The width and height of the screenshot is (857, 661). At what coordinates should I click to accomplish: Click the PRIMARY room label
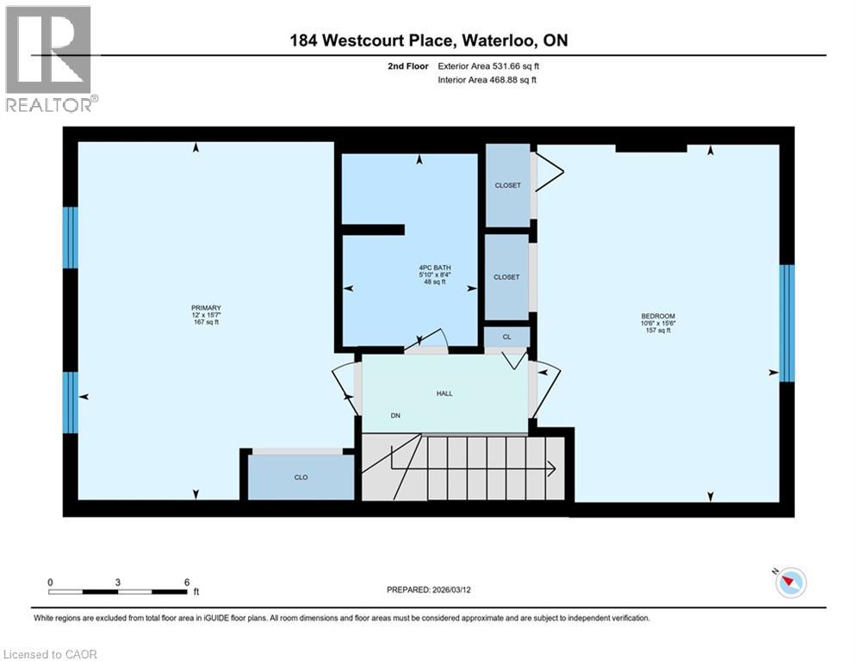point(206,308)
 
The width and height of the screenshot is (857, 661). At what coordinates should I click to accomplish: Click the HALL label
point(444,393)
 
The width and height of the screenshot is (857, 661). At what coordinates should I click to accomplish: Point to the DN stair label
point(395,416)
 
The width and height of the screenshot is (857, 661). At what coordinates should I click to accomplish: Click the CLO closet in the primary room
point(301,477)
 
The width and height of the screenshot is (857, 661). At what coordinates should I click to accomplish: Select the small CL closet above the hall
point(506,337)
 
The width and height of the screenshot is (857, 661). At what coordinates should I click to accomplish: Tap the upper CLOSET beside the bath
point(506,185)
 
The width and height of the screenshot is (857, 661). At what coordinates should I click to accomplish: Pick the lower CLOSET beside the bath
point(506,277)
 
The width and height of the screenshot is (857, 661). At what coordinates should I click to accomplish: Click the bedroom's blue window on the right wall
point(786,323)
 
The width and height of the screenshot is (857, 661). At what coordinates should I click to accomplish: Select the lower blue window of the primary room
point(71,402)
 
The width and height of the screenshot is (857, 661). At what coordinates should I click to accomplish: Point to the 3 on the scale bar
point(117,582)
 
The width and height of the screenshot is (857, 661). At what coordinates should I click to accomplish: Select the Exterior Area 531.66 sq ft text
point(490,65)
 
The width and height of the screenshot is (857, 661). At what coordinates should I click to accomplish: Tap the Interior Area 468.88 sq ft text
point(487,80)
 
